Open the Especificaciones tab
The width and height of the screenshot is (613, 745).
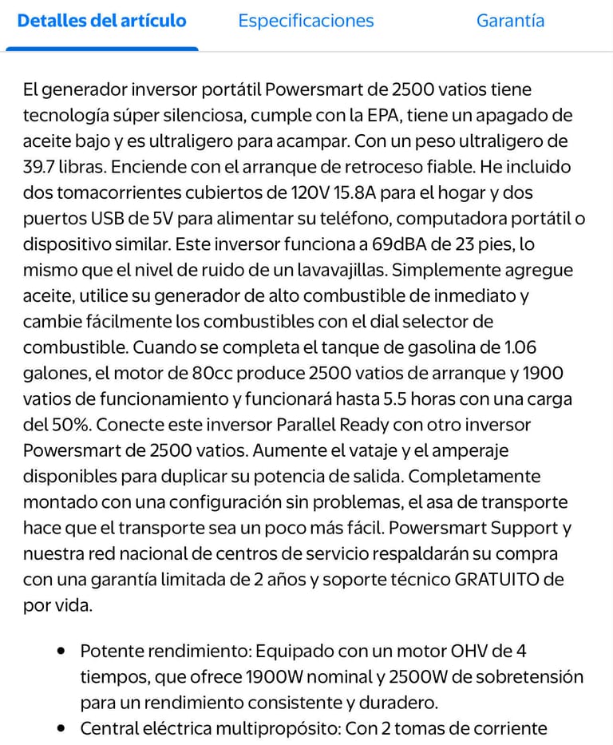coord(306,21)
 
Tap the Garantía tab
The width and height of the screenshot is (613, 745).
coord(510,21)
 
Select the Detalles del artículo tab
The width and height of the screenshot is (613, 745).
coord(101,21)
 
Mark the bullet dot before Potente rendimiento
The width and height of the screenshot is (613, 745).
coord(61,651)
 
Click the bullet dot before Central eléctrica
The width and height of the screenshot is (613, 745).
coord(61,728)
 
